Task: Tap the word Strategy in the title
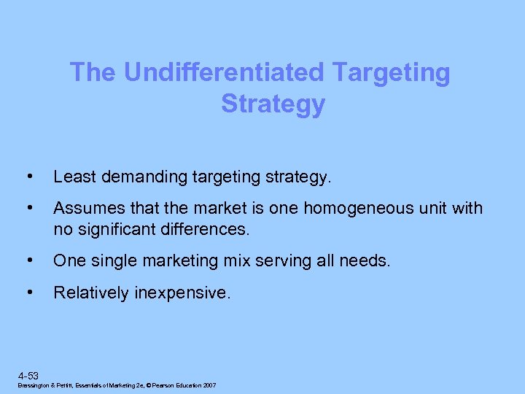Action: [273, 104]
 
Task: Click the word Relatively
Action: [91, 293]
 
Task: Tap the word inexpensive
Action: [182, 293]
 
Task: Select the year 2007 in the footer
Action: [209, 385]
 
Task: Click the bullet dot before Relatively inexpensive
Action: [28, 293]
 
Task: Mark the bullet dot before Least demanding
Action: [28, 177]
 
